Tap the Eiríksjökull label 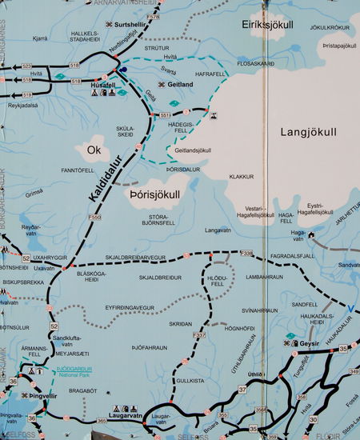(268, 25)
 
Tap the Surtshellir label (133, 25)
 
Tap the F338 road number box (246, 253)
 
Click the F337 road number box (199, 335)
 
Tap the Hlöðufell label (217, 279)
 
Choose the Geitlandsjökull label (192, 150)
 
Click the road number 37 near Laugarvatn (242, 390)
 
